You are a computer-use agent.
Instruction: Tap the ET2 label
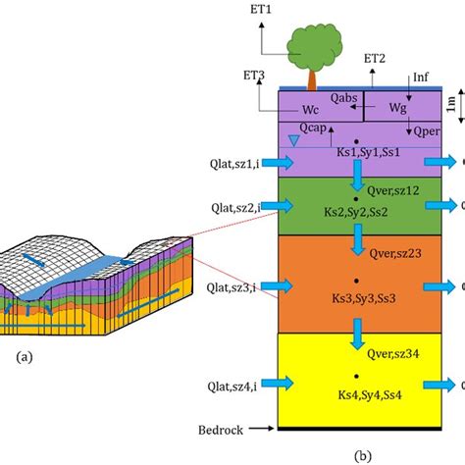point(374,60)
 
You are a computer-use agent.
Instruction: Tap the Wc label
point(310,111)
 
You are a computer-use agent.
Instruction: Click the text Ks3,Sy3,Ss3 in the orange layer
point(363,297)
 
